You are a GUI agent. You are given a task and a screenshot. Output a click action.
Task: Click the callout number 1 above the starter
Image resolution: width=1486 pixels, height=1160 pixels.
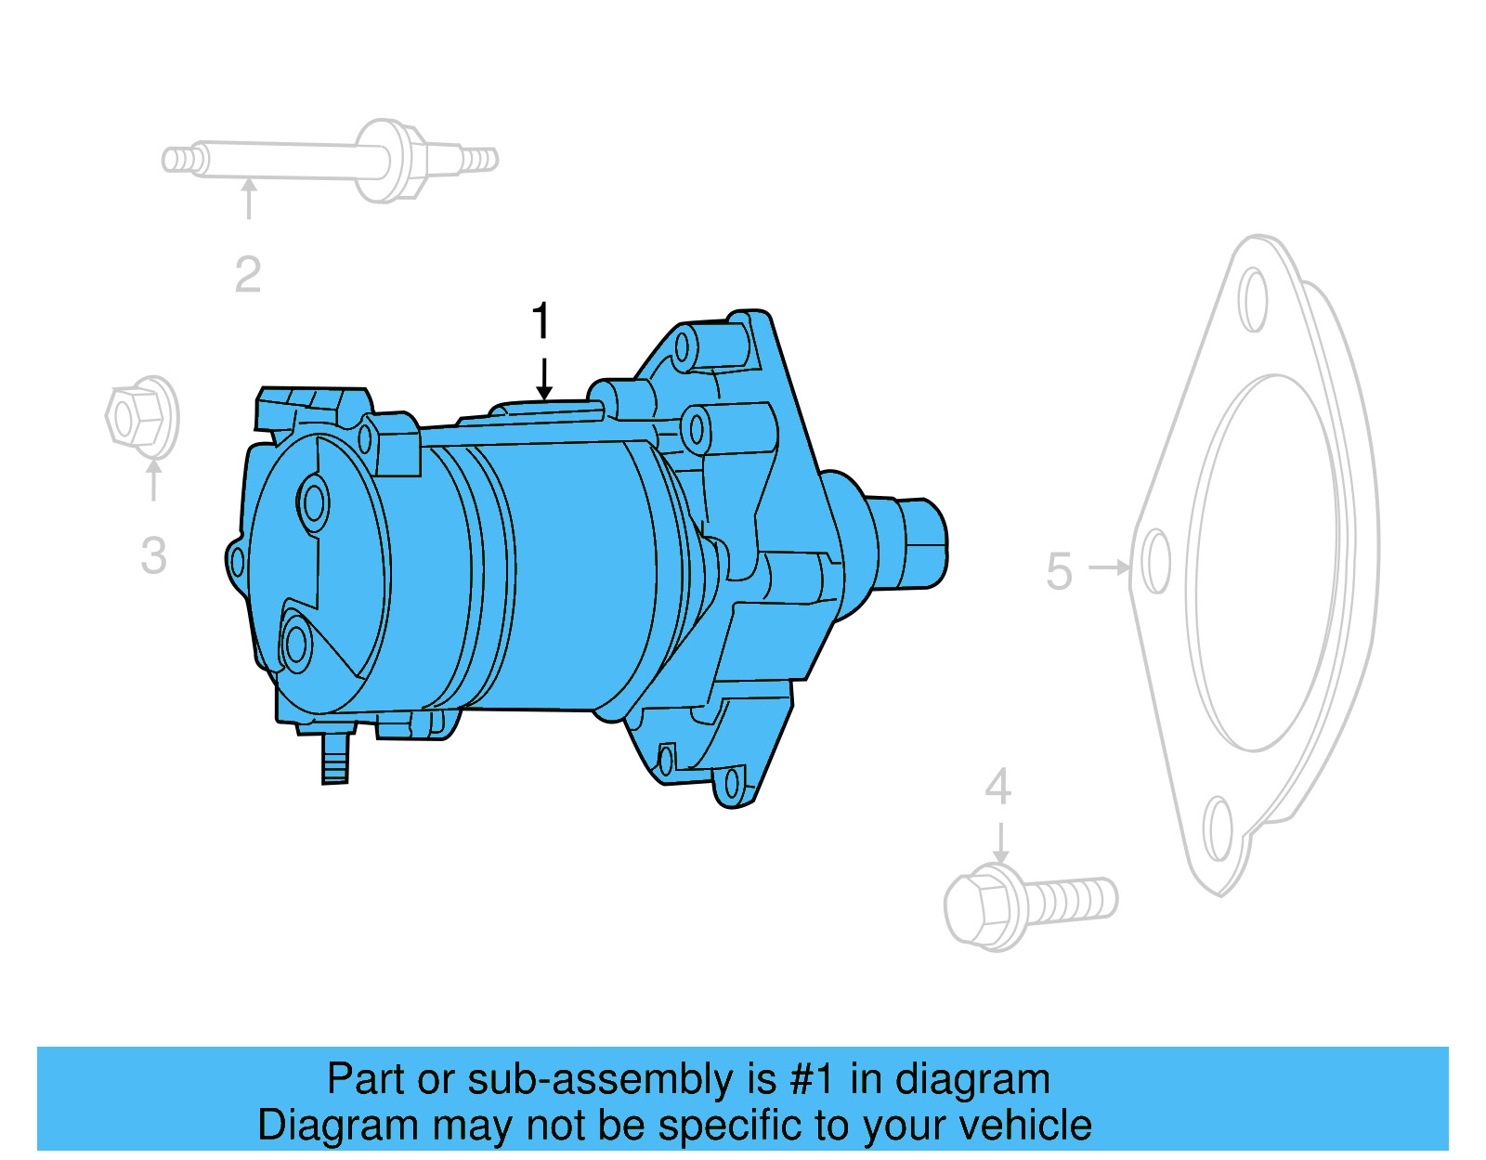pyautogui.click(x=541, y=321)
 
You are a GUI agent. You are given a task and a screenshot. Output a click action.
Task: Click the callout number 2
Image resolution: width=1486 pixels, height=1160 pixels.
pyautogui.click(x=248, y=274)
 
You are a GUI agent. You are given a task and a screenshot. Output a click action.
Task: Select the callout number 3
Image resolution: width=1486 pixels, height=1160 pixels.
pyautogui.click(x=154, y=556)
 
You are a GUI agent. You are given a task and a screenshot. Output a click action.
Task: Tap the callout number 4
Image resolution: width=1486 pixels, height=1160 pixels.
pyautogui.click(x=998, y=788)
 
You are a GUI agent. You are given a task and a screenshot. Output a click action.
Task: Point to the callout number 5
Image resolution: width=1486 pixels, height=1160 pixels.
pyautogui.click(x=1059, y=571)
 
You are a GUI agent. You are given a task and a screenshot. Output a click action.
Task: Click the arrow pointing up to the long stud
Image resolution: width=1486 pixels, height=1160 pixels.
pyautogui.click(x=249, y=199)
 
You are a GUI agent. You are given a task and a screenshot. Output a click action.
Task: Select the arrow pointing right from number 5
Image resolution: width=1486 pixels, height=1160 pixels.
pyautogui.click(x=1109, y=567)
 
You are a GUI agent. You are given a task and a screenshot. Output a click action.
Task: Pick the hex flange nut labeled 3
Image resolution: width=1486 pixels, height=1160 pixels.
pyautogui.click(x=141, y=417)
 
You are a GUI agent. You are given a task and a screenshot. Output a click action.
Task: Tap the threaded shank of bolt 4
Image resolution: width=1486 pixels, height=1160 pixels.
pyautogui.click(x=1073, y=899)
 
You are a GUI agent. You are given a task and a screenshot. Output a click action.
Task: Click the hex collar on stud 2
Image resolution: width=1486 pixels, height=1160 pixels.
pyautogui.click(x=390, y=161)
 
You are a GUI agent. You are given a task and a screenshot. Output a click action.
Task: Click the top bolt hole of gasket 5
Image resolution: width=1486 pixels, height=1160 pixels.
pyautogui.click(x=1253, y=299)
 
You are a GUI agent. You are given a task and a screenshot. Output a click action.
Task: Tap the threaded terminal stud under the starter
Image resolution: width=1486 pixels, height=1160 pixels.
pyautogui.click(x=334, y=760)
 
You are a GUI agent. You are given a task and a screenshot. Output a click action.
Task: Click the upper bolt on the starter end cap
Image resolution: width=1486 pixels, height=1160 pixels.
pyautogui.click(x=314, y=503)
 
